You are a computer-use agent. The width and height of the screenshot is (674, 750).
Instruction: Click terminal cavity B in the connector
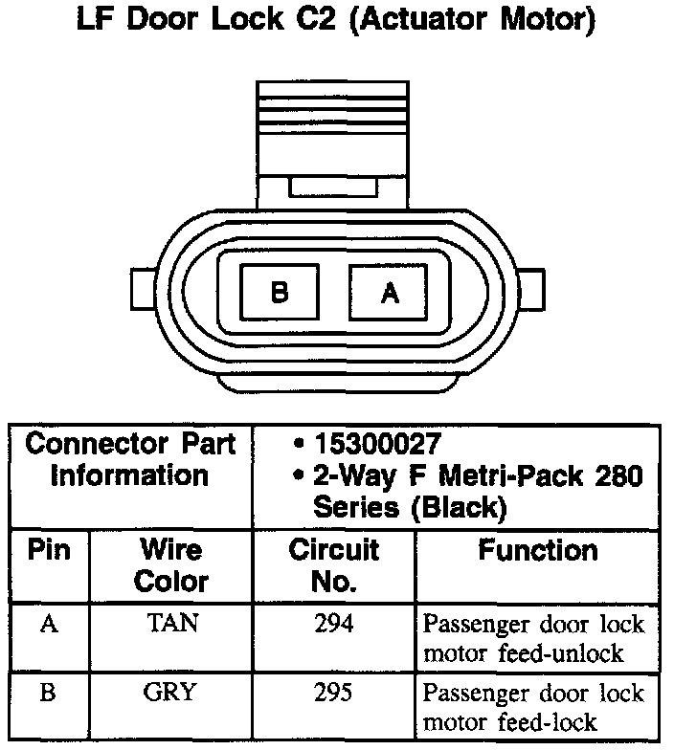[x=280, y=292]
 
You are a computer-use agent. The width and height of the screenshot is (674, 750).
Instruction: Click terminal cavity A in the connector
[x=388, y=292]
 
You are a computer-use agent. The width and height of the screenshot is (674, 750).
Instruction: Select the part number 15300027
[x=378, y=444]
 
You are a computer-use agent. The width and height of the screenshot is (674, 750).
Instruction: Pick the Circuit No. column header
[x=333, y=564]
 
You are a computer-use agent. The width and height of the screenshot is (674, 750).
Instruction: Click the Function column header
[x=538, y=550]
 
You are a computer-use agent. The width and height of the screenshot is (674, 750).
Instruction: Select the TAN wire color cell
[x=172, y=624]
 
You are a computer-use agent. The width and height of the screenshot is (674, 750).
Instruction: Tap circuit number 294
[x=333, y=624]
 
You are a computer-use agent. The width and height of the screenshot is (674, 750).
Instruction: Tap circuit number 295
[x=333, y=692]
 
